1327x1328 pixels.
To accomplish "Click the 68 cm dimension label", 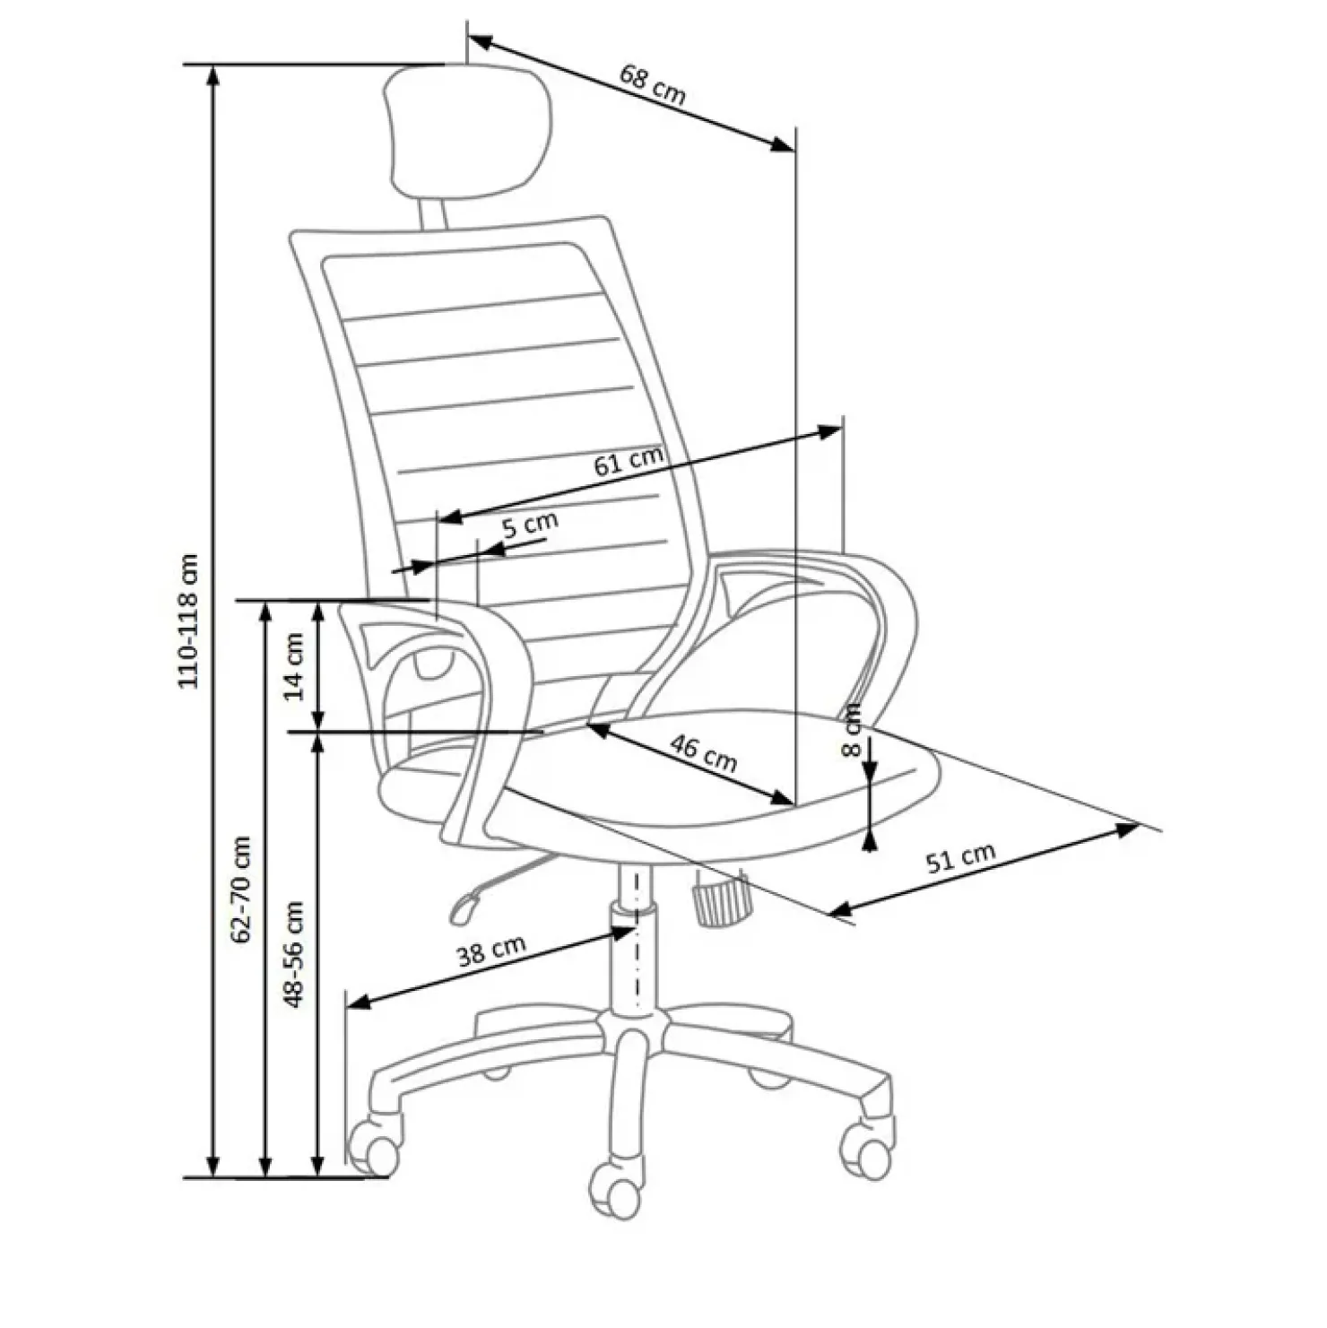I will pyautogui.click(x=652, y=84).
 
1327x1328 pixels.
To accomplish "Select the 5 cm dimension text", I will pyautogui.click(x=529, y=524).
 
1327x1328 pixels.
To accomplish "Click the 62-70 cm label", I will pyautogui.click(x=240, y=889).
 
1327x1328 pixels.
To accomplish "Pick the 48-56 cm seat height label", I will pyautogui.click(x=294, y=954).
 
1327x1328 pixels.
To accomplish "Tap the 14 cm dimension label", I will pyautogui.click(x=294, y=665).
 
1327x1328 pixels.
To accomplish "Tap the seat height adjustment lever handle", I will pyautogui.click(x=462, y=907).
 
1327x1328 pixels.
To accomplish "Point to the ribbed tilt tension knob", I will pyautogui.click(x=720, y=899).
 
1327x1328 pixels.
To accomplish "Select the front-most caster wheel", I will pyautogui.click(x=618, y=1190).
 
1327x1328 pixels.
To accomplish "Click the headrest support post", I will pyautogui.click(x=431, y=213).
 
